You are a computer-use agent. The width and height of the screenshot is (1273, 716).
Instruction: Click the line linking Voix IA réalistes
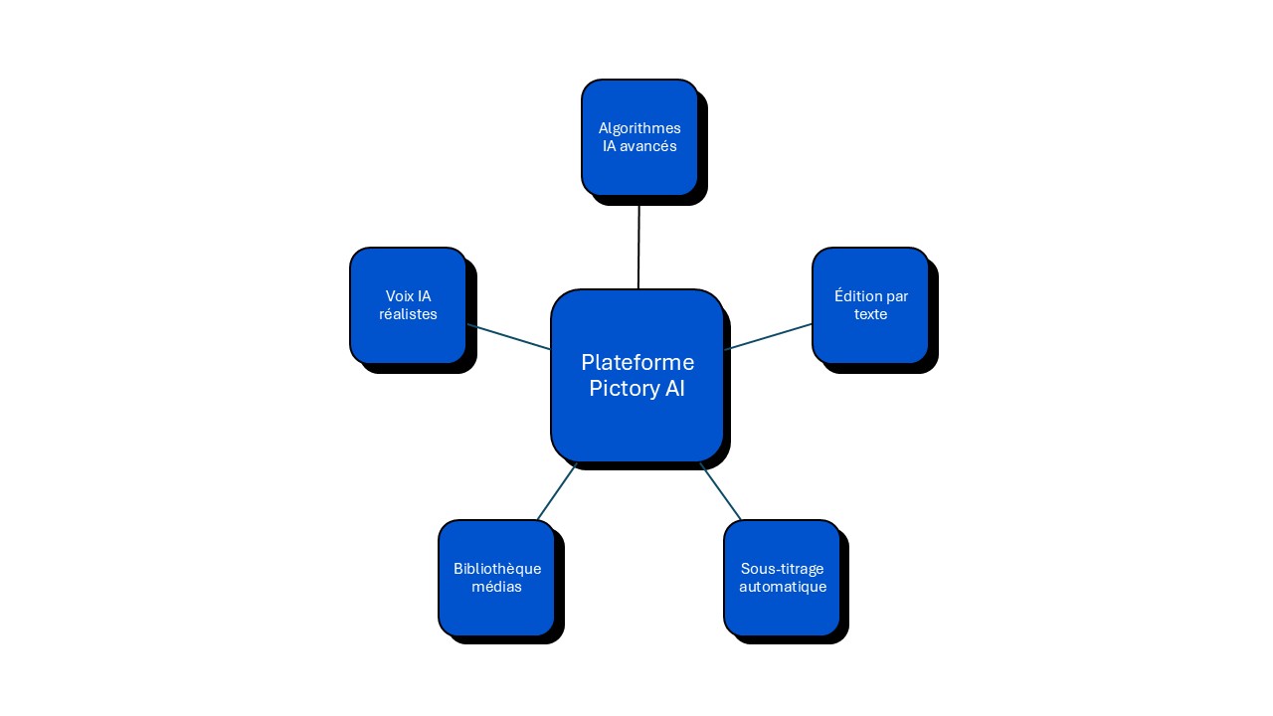pyautogui.click(x=508, y=337)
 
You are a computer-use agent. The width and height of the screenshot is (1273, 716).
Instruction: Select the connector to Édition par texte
pyautogui.click(x=769, y=336)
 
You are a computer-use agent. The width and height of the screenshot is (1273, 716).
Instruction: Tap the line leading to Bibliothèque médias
pyautogui.click(x=557, y=491)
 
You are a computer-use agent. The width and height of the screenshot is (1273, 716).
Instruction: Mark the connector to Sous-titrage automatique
pyautogui.click(x=721, y=491)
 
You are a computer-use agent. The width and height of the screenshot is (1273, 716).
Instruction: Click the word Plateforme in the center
pyautogui.click(x=637, y=362)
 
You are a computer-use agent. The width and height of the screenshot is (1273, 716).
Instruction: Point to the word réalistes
pyautogui.click(x=408, y=314)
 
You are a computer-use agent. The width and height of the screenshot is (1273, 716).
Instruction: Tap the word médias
pyautogui.click(x=497, y=587)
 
